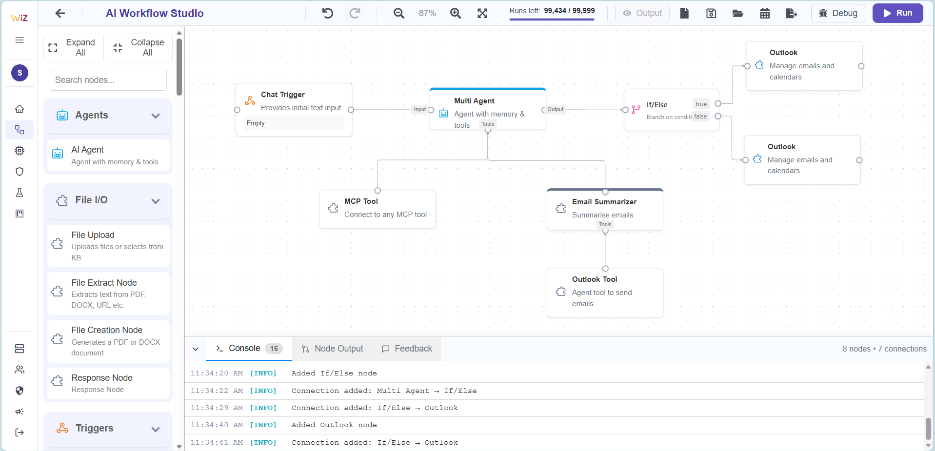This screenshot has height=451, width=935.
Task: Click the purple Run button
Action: [897, 13]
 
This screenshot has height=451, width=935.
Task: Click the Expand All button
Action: [74, 48]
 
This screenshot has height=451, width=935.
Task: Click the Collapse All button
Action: [140, 48]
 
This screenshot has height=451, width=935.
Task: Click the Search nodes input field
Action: [108, 80]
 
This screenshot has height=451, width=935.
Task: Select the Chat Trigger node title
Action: [282, 95]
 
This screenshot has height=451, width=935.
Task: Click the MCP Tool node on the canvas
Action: [377, 209]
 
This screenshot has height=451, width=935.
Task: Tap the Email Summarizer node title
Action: [604, 202]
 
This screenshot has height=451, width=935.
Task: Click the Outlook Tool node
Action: [604, 292]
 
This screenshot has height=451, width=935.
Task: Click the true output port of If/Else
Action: [718, 103]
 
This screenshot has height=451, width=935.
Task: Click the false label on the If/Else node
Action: [700, 117]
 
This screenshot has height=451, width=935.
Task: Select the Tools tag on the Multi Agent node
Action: [488, 124]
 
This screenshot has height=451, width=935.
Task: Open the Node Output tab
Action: [333, 349]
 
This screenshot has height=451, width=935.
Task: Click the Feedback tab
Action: [407, 349]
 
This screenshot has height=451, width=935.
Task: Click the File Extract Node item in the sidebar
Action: [108, 293]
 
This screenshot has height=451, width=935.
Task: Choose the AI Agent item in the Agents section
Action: [108, 155]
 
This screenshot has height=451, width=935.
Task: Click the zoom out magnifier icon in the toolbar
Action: [399, 13]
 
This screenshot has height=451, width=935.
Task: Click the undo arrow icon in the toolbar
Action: [328, 13]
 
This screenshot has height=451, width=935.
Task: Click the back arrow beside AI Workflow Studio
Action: [60, 13]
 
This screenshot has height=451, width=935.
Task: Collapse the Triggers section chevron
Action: [156, 429]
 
